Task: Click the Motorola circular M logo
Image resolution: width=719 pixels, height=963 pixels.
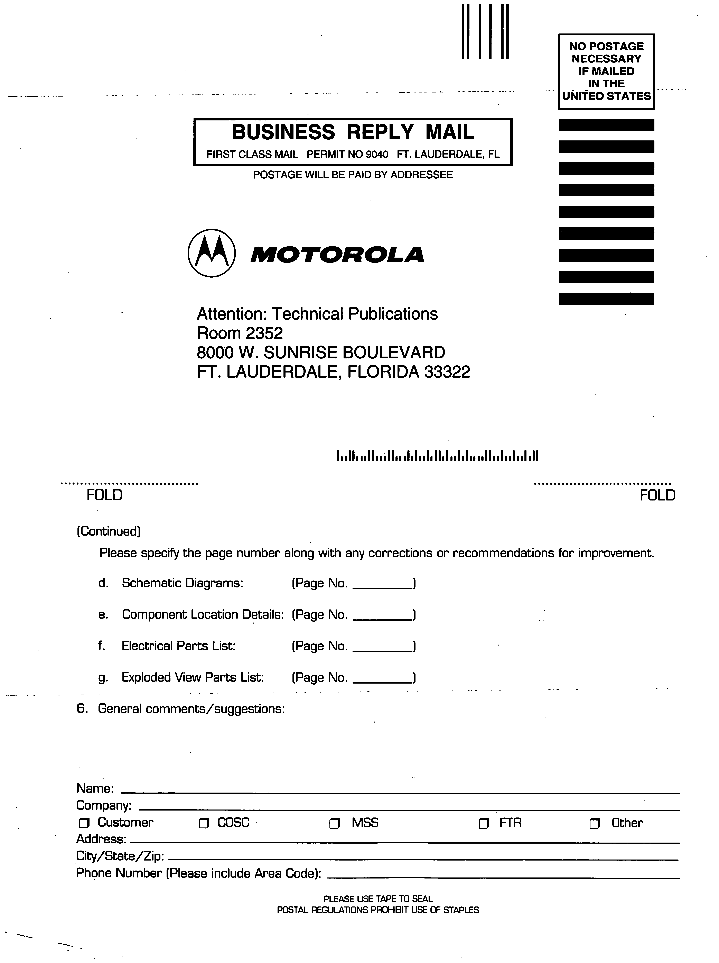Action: click(212, 253)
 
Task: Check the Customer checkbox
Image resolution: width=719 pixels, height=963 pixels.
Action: click(84, 823)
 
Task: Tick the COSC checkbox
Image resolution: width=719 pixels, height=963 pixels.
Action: click(204, 823)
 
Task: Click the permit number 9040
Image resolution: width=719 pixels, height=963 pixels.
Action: click(377, 154)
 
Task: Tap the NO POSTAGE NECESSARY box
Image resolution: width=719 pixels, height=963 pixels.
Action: click(606, 71)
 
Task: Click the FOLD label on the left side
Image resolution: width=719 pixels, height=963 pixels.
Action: click(104, 495)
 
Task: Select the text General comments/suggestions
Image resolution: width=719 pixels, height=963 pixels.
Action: click(191, 709)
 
